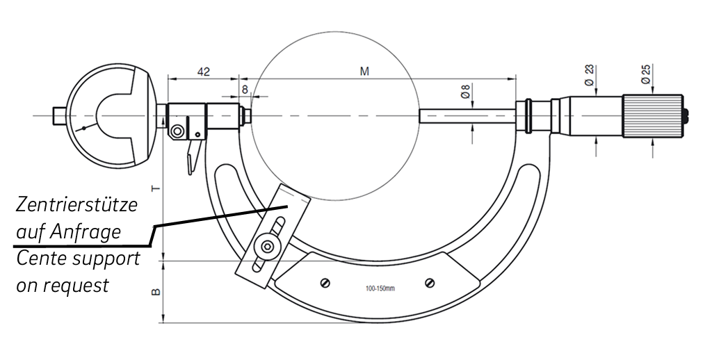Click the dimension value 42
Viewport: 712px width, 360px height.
(204, 71)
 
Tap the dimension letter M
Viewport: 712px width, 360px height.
(364, 71)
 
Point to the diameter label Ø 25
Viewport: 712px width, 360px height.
(646, 73)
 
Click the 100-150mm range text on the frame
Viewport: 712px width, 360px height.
(380, 289)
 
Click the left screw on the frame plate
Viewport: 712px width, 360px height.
(323, 282)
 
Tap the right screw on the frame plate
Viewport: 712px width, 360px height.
(429, 283)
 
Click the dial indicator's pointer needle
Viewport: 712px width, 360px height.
(86, 127)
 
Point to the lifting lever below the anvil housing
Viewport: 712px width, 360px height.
(192, 156)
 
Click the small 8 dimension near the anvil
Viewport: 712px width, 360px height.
(244, 89)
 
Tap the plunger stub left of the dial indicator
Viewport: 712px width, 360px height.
(59, 115)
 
